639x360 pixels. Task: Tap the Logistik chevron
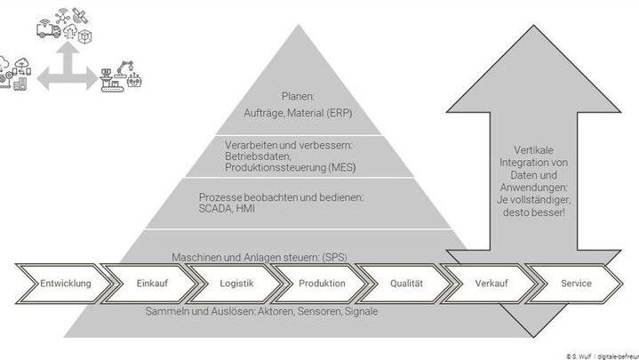pos(236,284)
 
